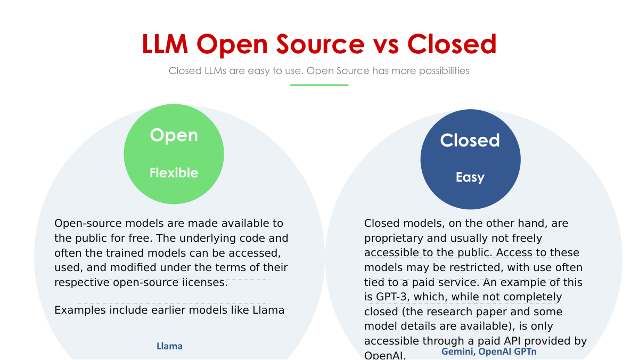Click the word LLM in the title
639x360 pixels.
click(x=165, y=44)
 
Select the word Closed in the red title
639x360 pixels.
click(x=452, y=44)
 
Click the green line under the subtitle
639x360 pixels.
click(x=319, y=85)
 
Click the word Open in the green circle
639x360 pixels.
click(x=174, y=135)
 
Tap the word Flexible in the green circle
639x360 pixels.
click(x=174, y=173)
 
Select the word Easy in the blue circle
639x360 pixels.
click(x=470, y=177)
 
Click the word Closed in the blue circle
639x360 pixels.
click(x=470, y=141)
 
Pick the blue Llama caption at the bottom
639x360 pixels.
click(x=169, y=346)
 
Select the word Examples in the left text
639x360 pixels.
click(x=79, y=310)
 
